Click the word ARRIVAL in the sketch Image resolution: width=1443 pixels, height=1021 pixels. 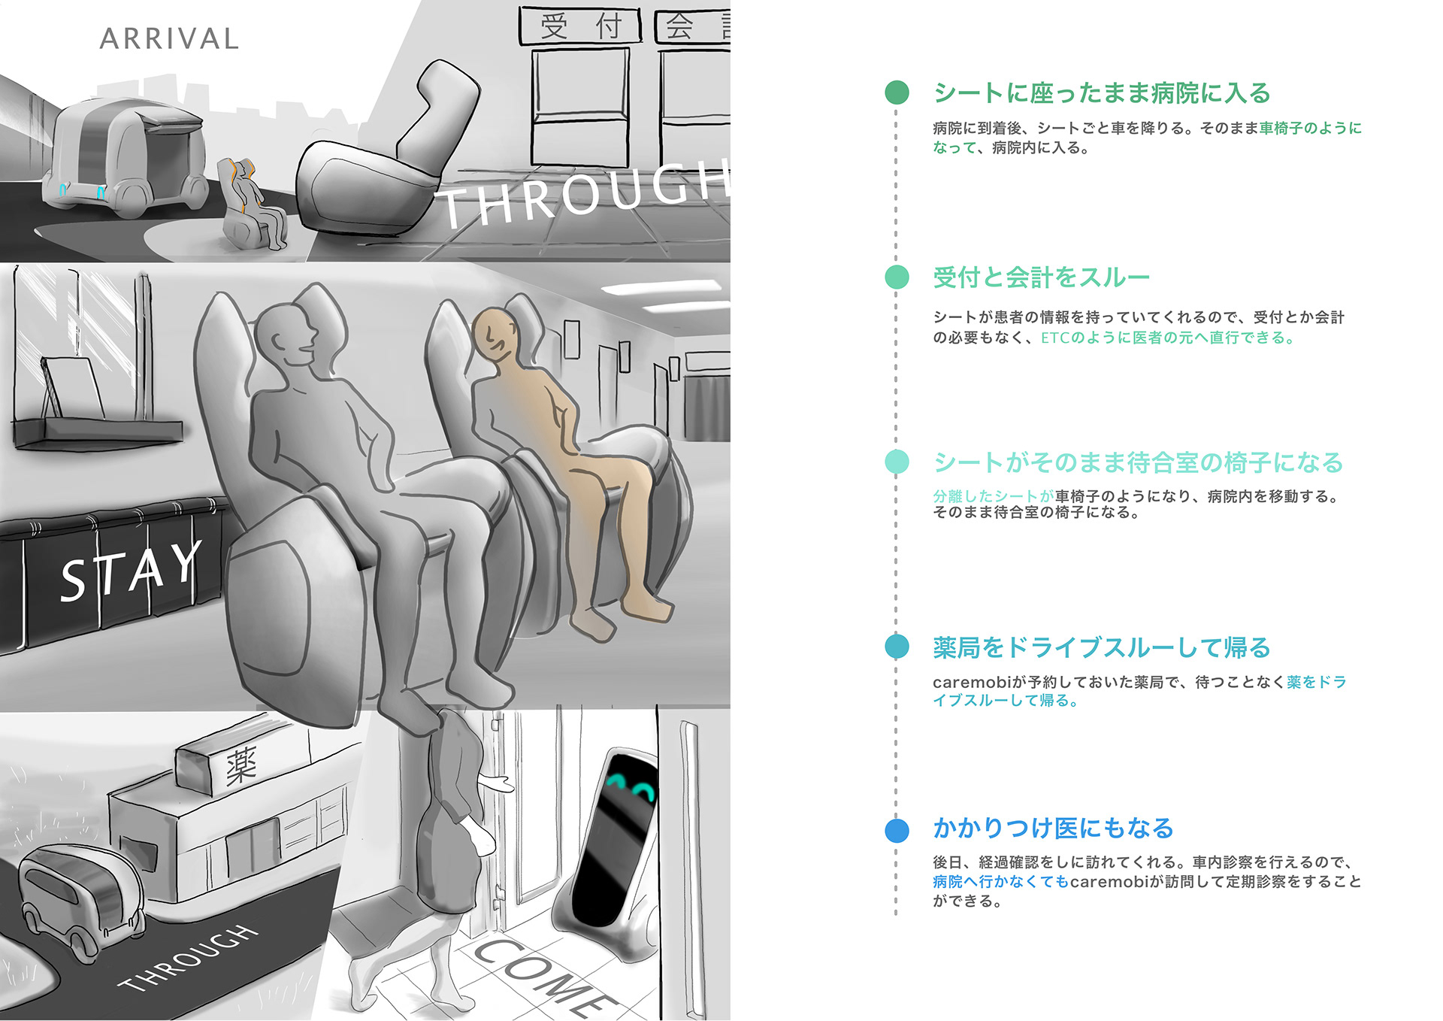pyautogui.click(x=169, y=39)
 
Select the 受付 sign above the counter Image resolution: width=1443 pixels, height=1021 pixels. pyautogui.click(x=580, y=26)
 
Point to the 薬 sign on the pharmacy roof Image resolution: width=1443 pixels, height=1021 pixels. pyautogui.click(x=240, y=765)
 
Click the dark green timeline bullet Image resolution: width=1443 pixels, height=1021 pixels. pyautogui.click(x=897, y=92)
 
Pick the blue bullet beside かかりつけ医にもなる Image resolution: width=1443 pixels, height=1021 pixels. pyautogui.click(x=897, y=830)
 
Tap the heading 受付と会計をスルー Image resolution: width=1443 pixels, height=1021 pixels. pyautogui.click(x=1041, y=277)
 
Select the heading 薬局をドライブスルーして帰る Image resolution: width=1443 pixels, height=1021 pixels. pyautogui.click(x=1101, y=647)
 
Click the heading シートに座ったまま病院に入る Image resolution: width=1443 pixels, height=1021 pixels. pyautogui.click(x=1101, y=93)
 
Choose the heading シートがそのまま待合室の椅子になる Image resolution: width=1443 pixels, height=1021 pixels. pyautogui.click(x=1137, y=462)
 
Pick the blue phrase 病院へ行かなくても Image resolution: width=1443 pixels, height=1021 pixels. pyautogui.click(x=1000, y=881)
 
